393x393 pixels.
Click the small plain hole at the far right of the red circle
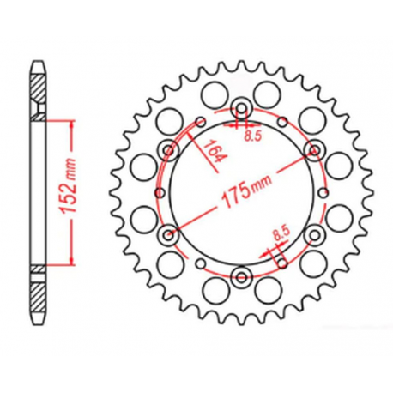pyautogui.click(x=323, y=192)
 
